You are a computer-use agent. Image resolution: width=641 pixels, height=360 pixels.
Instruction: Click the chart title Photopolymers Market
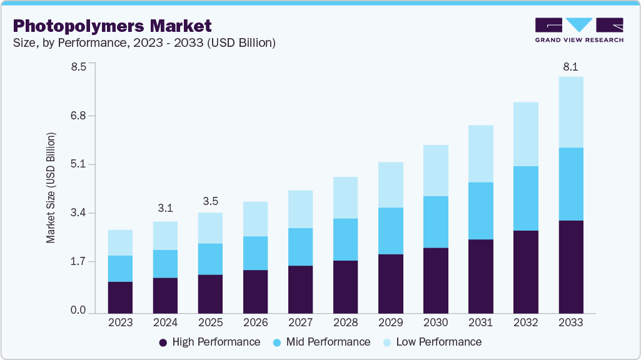click(113, 26)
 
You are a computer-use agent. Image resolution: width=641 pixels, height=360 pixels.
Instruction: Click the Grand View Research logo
click(579, 30)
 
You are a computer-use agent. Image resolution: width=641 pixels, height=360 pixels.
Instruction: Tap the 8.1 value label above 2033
click(570, 66)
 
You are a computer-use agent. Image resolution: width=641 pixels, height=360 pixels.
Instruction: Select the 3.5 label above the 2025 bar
click(210, 201)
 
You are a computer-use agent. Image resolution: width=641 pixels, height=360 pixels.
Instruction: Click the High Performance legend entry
click(209, 342)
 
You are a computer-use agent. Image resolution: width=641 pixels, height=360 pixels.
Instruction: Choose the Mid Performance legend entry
click(321, 342)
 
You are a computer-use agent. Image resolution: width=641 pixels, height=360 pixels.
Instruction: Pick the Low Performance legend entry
click(432, 342)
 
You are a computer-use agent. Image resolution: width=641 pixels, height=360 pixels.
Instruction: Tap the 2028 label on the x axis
click(345, 322)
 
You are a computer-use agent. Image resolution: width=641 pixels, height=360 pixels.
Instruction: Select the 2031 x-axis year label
click(480, 322)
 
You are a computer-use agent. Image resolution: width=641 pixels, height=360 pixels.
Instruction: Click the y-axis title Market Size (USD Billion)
click(51, 187)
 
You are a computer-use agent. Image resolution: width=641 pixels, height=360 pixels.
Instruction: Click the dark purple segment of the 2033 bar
click(570, 267)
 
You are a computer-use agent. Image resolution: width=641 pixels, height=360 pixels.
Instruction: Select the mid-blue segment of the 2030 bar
click(435, 222)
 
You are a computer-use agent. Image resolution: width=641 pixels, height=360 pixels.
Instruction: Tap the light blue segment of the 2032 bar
click(525, 134)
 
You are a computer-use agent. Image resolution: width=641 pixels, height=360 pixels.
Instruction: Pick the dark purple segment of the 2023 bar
click(120, 297)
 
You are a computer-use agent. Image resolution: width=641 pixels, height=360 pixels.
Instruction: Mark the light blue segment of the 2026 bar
click(255, 219)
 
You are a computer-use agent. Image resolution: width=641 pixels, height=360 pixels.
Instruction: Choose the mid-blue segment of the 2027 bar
click(300, 247)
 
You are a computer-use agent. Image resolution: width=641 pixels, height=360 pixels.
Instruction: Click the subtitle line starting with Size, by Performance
click(144, 43)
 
